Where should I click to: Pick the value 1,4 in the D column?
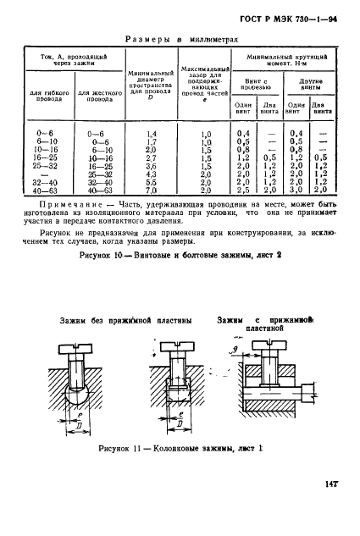(x=152, y=134)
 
